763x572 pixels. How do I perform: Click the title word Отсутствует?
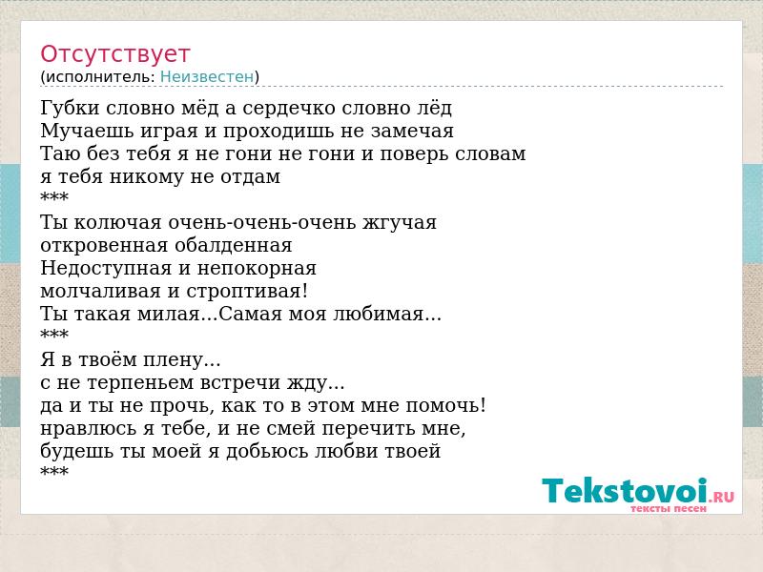pyautogui.click(x=114, y=54)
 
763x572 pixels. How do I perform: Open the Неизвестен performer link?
pyautogui.click(x=207, y=77)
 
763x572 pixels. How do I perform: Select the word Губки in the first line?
pyautogui.click(x=70, y=108)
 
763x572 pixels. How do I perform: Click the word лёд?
pyautogui.click(x=434, y=108)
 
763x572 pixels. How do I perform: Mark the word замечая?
pyautogui.click(x=412, y=132)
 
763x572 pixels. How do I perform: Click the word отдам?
pyautogui.click(x=251, y=177)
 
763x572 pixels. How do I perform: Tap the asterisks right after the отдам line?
pyautogui.click(x=54, y=196)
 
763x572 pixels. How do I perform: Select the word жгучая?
pyautogui.click(x=400, y=223)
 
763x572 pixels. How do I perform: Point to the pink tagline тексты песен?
pyautogui.click(x=669, y=509)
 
